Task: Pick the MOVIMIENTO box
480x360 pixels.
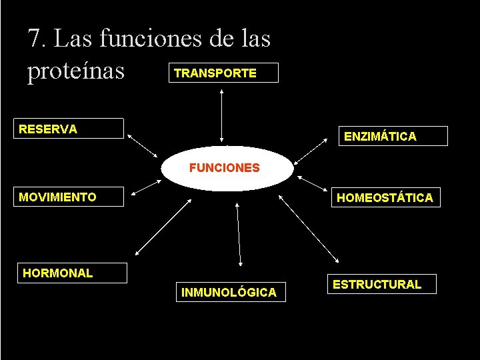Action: (71, 197)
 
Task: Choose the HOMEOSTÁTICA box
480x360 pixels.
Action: (385, 197)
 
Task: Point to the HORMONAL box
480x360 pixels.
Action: (73, 273)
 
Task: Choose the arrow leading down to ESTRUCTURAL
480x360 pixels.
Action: (310, 230)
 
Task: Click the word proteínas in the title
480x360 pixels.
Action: (76, 71)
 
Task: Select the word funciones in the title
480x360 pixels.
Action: (151, 38)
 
